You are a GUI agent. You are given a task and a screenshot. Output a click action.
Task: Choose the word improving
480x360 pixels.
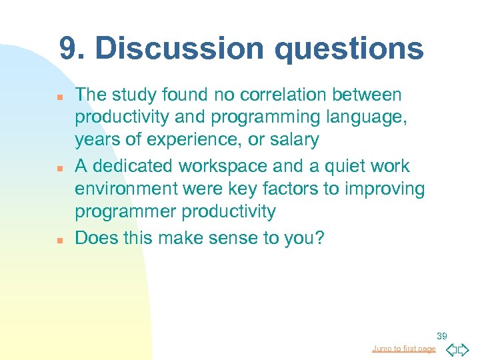[385, 189]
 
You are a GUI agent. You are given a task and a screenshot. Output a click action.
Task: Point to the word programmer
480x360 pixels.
[121, 212]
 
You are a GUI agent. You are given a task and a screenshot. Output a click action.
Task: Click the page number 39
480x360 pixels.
[442, 335]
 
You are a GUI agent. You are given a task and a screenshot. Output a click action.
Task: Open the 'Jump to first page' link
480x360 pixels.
[404, 349]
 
